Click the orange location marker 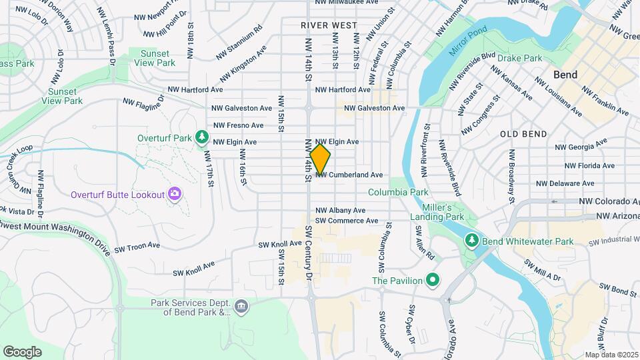point(321,159)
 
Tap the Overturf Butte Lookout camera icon point(175,194)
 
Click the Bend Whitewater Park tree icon point(472,239)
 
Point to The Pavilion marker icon point(432,280)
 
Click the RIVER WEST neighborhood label point(329,25)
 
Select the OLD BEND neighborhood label point(523,133)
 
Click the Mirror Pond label point(468,41)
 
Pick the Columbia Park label point(398,192)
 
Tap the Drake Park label point(519,58)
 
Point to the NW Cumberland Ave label point(349,175)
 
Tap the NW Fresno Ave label point(239,125)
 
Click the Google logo point(22,351)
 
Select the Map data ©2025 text point(610,355)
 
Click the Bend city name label point(565,74)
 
